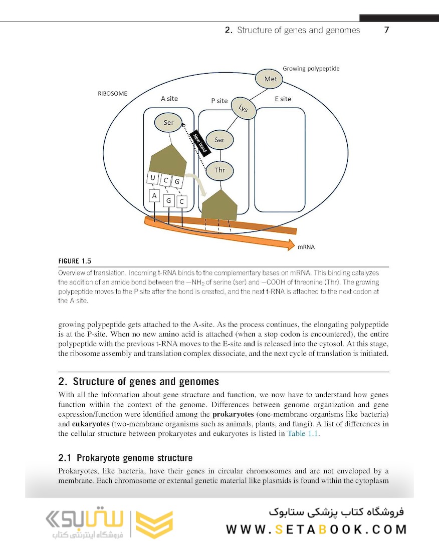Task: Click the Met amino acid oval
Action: click(x=270, y=79)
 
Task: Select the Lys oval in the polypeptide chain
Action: click(x=244, y=109)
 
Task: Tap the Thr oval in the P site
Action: click(x=220, y=170)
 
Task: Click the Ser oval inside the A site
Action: click(x=169, y=122)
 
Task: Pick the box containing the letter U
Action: click(x=152, y=178)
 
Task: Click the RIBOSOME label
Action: click(x=112, y=94)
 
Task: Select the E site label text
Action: click(x=283, y=99)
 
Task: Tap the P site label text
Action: click(x=220, y=101)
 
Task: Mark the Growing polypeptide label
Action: click(x=311, y=68)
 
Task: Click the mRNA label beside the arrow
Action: click(x=306, y=247)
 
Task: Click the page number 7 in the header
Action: click(x=386, y=30)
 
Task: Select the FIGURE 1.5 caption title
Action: click(x=75, y=261)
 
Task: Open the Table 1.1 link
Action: click(x=302, y=434)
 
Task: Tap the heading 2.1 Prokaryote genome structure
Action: click(x=125, y=458)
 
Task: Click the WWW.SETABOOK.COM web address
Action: click(x=316, y=529)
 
